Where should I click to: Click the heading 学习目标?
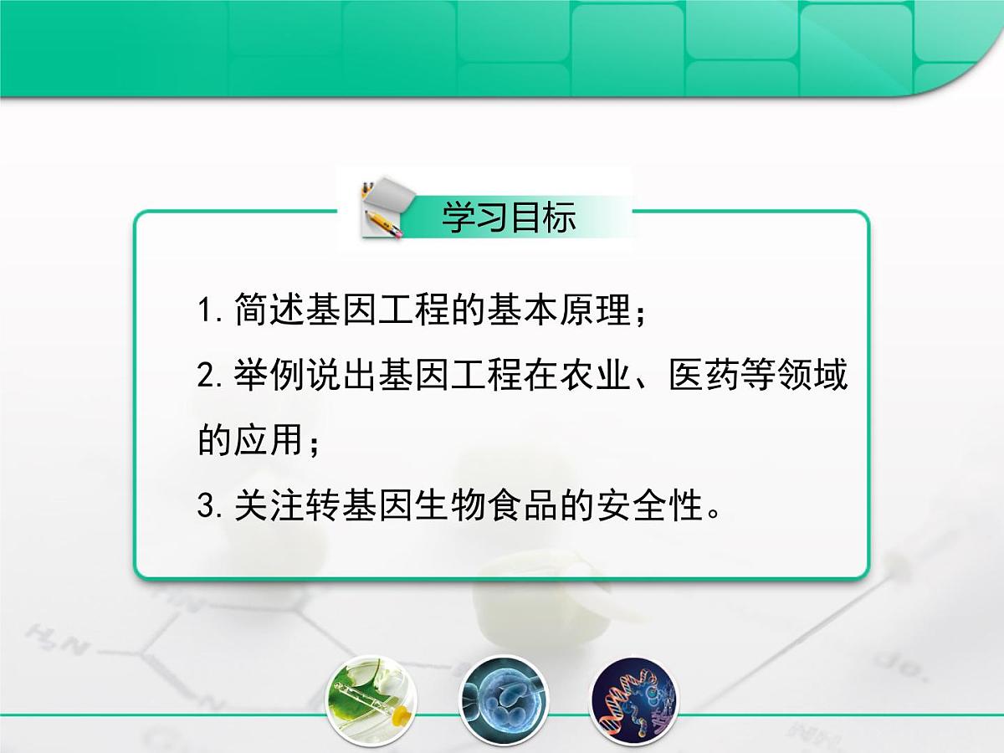pos(509,218)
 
